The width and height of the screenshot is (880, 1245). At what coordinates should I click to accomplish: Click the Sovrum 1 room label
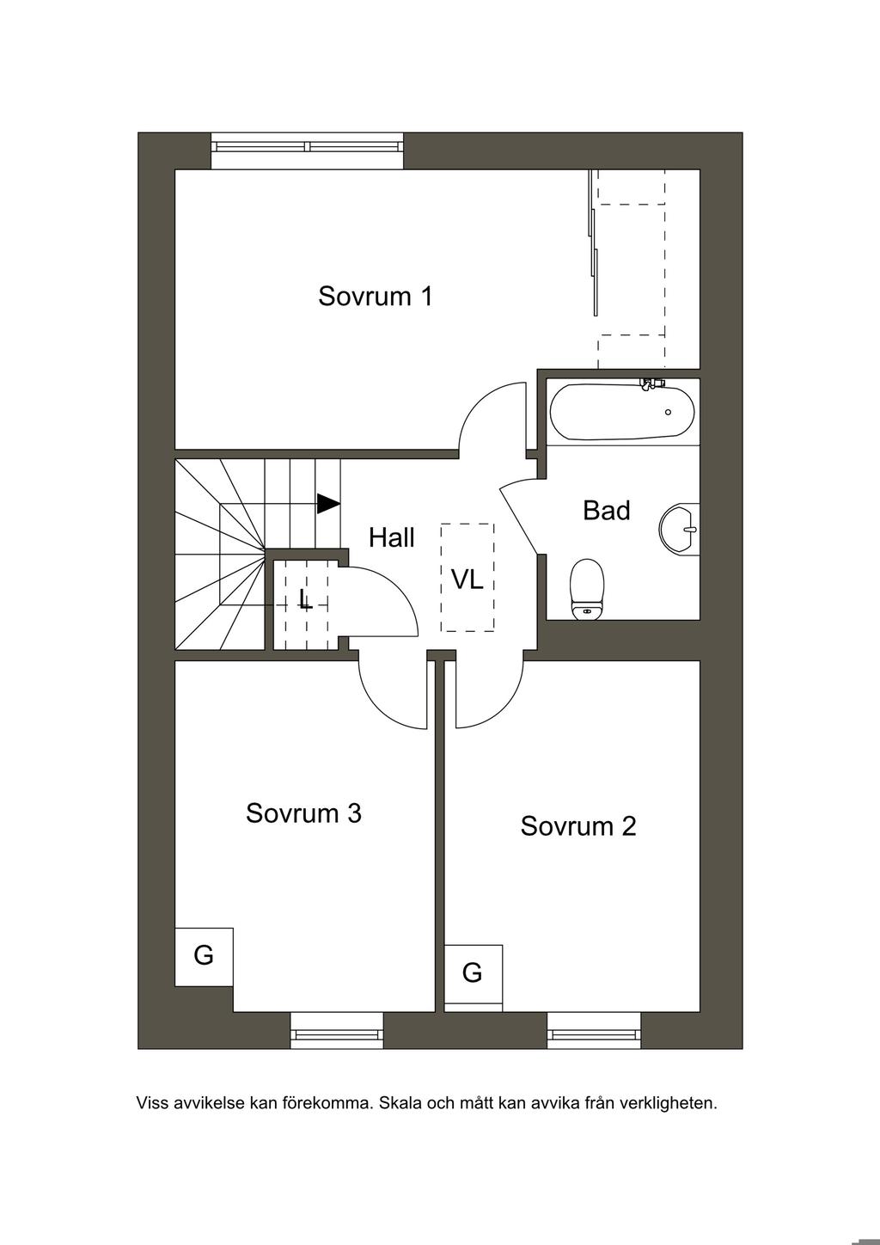(375, 297)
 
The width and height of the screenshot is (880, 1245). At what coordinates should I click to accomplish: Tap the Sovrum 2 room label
(578, 826)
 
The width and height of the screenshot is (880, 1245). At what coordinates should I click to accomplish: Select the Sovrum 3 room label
(303, 813)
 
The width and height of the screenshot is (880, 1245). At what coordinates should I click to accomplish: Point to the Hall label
(392, 537)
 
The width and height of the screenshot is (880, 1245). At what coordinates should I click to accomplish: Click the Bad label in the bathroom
(607, 510)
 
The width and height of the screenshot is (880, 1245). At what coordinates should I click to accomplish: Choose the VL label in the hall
(467, 580)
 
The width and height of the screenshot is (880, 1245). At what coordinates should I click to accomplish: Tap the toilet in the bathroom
(587, 589)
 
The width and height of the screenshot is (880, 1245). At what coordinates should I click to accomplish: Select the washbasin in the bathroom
(679, 529)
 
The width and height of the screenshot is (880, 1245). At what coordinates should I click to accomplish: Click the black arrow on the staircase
(328, 504)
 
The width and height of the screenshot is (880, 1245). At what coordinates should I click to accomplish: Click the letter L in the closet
(305, 599)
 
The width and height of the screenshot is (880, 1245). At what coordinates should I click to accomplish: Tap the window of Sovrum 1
(307, 150)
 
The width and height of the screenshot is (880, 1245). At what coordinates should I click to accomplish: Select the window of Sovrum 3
(337, 1030)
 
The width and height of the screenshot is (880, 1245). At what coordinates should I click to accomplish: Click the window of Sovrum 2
(594, 1030)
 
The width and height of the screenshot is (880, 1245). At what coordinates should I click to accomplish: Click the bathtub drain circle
(668, 412)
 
